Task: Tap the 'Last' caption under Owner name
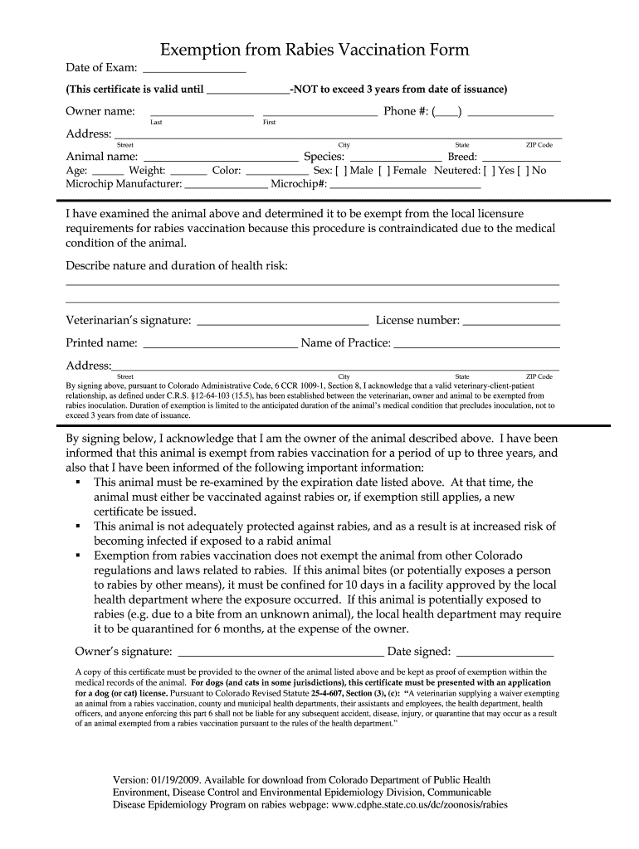156,122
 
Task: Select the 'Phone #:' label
405,111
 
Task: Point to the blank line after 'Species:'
396,158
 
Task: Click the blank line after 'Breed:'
521,158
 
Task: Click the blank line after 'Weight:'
188,171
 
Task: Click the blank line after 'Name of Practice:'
476,343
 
